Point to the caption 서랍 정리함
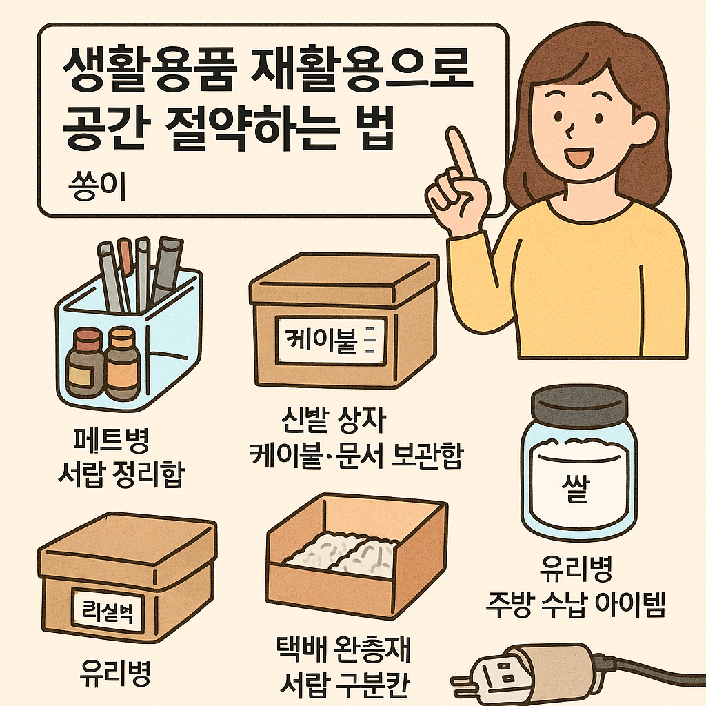[121, 476]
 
